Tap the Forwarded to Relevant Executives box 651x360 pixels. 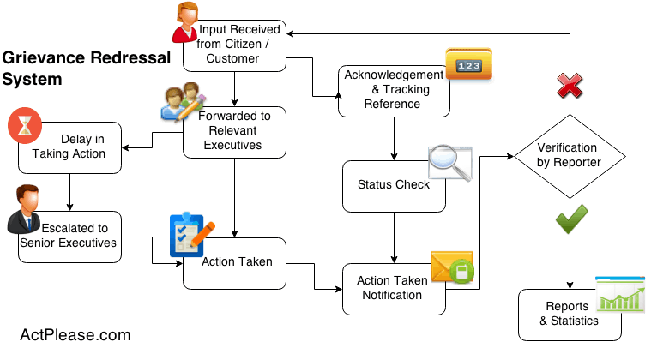pyautogui.click(x=234, y=131)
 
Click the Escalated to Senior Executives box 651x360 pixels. pyautogui.click(x=72, y=236)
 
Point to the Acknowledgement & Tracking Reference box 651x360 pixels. pyautogui.click(x=394, y=89)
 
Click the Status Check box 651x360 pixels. pyautogui.click(x=394, y=184)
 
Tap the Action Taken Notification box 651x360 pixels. pyautogui.click(x=394, y=288)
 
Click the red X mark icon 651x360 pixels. pyautogui.click(x=570, y=85)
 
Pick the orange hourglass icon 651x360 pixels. pyautogui.click(x=25, y=126)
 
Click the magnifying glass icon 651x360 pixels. pyautogui.click(x=450, y=163)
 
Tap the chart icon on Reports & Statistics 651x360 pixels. pyautogui.click(x=620, y=294)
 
